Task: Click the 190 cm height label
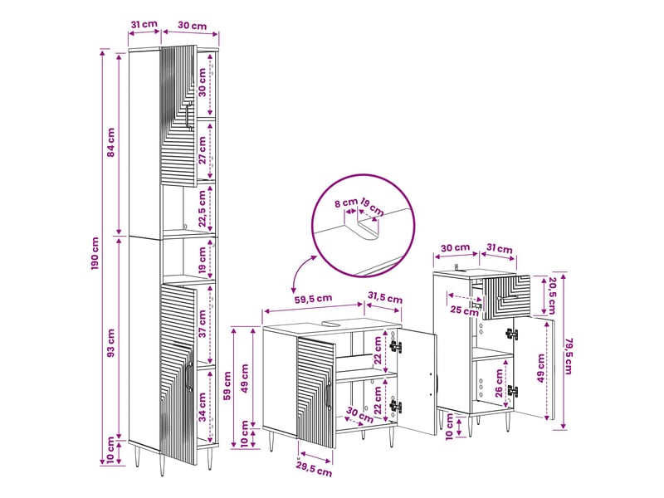[x=95, y=254]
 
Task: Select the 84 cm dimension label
[x=111, y=142]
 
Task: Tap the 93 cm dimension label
[x=111, y=343]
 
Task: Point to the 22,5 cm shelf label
[x=203, y=208]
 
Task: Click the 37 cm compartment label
[x=203, y=324]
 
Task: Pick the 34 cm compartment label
[x=203, y=408]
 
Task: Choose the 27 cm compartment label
[x=203, y=150]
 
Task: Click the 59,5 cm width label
[x=314, y=298]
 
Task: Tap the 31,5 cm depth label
[x=385, y=298]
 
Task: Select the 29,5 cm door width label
[x=314, y=471]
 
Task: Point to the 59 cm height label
[x=227, y=386]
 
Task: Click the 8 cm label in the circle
[x=346, y=203]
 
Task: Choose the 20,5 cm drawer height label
[x=551, y=295]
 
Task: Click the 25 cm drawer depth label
[x=464, y=310]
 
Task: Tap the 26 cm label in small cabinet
[x=499, y=383]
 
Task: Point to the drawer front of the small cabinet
[x=506, y=297]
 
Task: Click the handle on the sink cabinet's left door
[x=329, y=395]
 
